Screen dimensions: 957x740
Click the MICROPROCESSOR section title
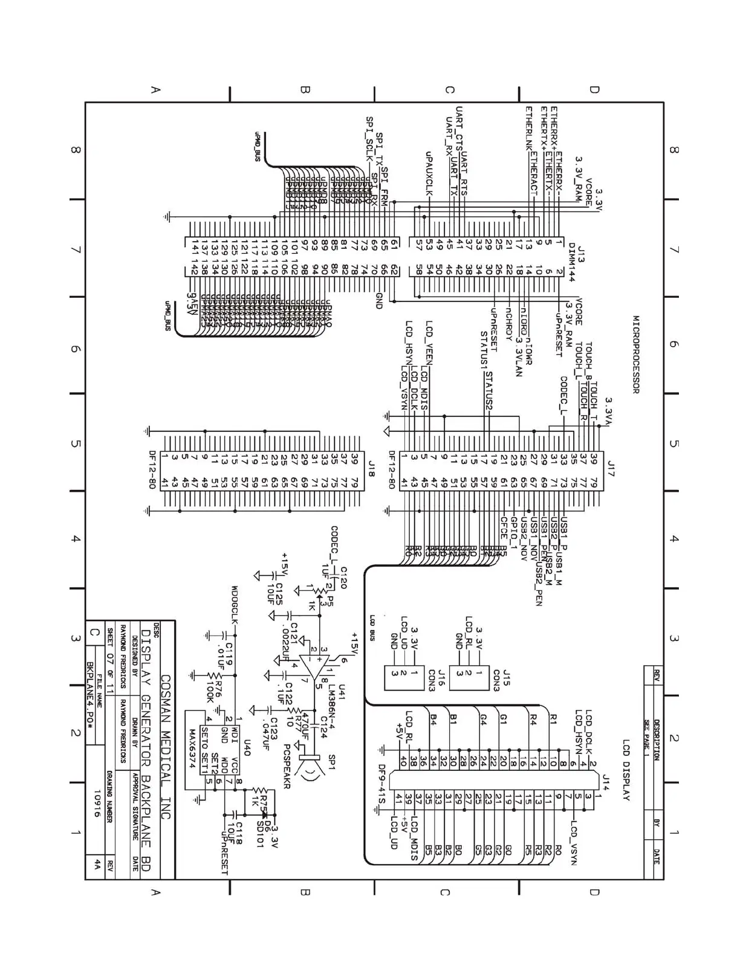click(636, 354)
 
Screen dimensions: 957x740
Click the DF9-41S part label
click(381, 785)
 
